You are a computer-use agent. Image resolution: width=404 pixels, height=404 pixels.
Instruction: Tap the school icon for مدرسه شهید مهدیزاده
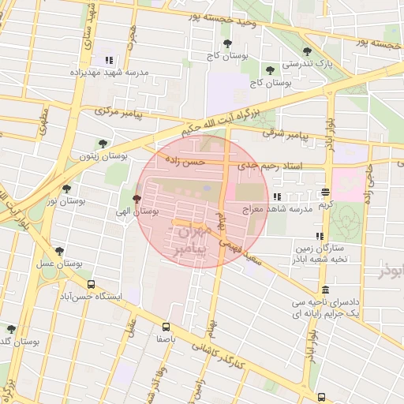click(x=109, y=60)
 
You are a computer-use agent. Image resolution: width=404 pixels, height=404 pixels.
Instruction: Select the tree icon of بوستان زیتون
click(x=103, y=143)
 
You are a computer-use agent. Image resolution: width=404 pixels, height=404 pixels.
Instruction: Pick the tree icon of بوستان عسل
click(x=59, y=251)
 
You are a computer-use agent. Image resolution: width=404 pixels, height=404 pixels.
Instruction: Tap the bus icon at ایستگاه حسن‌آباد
click(x=91, y=284)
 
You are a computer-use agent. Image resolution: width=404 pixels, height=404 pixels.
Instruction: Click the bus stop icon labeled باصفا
click(x=165, y=326)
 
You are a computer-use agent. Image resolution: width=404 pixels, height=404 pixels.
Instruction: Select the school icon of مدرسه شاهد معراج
click(x=276, y=196)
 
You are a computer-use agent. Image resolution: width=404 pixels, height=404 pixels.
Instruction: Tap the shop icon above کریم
click(x=325, y=192)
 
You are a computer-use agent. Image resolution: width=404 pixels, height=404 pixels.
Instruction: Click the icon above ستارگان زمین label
click(x=320, y=235)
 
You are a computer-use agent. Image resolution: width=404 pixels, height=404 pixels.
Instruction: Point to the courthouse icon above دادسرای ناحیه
click(x=326, y=290)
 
